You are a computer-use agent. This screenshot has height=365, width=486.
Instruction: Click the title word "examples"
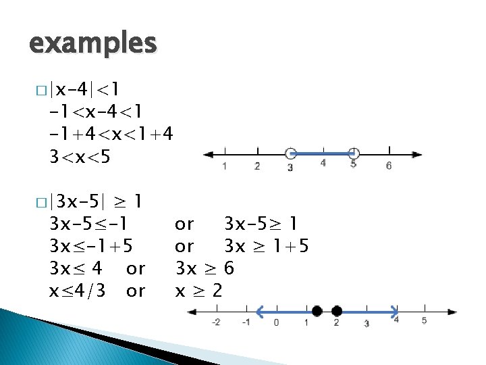[92, 44]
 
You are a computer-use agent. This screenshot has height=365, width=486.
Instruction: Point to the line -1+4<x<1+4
[111, 134]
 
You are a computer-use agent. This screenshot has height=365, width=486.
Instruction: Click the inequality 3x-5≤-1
[88, 223]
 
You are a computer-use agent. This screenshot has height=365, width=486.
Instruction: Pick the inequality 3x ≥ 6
[205, 269]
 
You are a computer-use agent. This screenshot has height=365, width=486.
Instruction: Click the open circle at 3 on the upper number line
[290, 153]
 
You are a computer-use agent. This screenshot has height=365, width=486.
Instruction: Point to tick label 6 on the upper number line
[389, 166]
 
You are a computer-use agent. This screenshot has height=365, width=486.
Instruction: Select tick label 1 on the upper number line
[224, 166]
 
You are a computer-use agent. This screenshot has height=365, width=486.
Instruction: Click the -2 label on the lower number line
[215, 322]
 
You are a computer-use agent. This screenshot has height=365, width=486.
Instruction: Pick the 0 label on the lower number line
[276, 322]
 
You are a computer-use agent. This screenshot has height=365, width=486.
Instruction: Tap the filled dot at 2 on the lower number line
[337, 311]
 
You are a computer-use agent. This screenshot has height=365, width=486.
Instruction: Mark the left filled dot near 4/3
[317, 311]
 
